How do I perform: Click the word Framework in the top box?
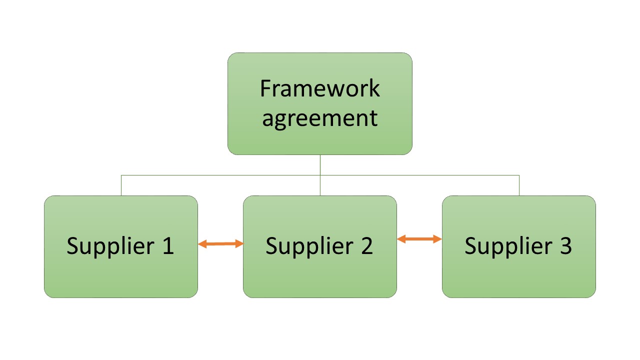[x=320, y=89]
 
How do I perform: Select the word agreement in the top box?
[x=320, y=119]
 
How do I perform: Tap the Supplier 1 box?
[x=120, y=270]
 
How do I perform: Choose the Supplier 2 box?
[x=319, y=270]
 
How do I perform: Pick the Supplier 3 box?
[x=518, y=270]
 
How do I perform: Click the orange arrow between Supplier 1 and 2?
[x=220, y=244]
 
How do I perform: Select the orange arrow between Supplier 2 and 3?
[x=419, y=239]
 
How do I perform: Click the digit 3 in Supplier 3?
[x=565, y=246]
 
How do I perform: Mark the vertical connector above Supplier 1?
[x=121, y=185]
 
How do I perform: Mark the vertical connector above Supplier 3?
[x=519, y=185]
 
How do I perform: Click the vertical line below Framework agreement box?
[x=320, y=165]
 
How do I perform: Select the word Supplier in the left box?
[x=110, y=246]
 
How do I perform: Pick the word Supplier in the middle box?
[x=309, y=246]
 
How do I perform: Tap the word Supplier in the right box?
[x=508, y=246]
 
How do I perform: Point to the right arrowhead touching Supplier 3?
[x=438, y=239]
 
